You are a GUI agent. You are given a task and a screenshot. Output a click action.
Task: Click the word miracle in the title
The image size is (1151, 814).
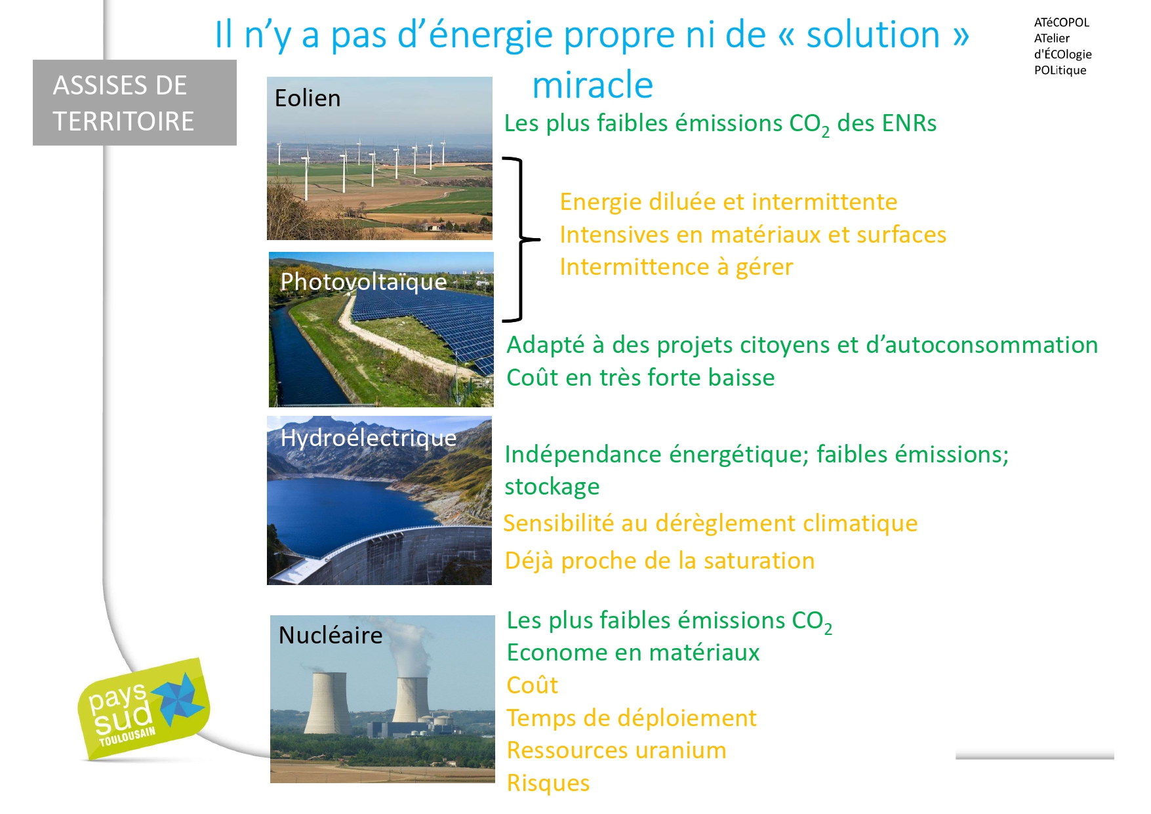592,85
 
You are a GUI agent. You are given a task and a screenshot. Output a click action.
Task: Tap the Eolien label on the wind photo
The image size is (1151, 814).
308,98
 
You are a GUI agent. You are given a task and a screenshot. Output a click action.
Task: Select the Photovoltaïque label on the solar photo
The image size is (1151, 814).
363,281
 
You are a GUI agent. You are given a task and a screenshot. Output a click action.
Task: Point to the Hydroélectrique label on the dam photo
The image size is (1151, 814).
369,438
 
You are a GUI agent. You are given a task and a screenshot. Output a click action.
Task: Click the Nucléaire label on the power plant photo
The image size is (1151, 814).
331,635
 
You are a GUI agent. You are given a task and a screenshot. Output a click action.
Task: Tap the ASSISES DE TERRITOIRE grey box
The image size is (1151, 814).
134,102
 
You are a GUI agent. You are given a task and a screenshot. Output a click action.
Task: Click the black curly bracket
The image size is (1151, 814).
521,239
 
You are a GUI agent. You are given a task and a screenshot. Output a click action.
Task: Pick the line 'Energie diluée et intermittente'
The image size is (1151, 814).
729,202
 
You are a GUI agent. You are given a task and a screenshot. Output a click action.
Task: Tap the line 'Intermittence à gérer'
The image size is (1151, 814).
676,267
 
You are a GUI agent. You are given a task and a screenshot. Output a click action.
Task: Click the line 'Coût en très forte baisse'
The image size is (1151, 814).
641,378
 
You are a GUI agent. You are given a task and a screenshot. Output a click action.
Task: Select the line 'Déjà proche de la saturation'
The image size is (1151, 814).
660,561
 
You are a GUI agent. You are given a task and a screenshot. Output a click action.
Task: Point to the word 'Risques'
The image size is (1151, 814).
548,783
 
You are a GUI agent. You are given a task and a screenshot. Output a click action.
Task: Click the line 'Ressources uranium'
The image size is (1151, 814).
616,750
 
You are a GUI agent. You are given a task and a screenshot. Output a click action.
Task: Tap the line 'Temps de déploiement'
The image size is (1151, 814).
632,718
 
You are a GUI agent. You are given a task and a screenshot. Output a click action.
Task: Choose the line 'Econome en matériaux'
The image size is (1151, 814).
633,653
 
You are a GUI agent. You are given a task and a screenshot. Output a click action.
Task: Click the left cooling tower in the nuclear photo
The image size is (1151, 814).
328,702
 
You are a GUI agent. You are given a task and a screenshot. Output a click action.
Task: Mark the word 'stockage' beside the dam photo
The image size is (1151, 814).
552,487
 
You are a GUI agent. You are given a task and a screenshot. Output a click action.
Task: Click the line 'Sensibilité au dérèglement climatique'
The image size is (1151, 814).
710,523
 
